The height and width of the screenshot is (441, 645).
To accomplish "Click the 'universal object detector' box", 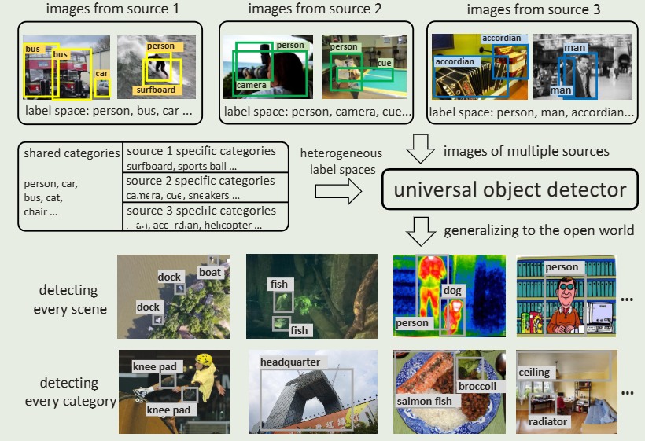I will coord(510,189).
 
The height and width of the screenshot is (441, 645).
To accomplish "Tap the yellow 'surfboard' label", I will coord(155,90).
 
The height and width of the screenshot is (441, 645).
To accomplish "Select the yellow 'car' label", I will coord(101,74).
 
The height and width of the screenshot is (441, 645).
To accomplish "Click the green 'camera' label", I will coord(252,85).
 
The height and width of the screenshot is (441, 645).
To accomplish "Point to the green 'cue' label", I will coord(384,63).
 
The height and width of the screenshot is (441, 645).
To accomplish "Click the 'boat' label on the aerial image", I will coord(210,273).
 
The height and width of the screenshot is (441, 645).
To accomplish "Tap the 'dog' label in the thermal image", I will coord(454,291).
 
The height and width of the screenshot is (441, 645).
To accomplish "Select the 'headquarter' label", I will coord(291,362).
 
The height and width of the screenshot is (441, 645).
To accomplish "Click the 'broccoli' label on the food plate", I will coord(477,387).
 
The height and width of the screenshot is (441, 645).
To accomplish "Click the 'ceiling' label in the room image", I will coord(534,372).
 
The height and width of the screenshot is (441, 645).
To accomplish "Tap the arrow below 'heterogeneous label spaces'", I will coord(334,191).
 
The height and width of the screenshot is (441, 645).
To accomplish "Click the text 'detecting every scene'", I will coord(70,300).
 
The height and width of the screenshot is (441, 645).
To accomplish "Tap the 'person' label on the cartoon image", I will coord(562,268).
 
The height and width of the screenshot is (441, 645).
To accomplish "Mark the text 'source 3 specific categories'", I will coord(201,211).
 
